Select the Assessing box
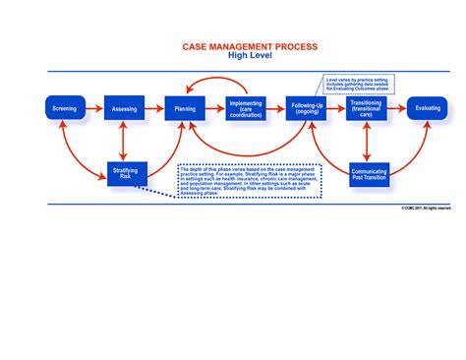click(x=124, y=108)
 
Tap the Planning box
click(x=184, y=108)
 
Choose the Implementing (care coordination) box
click(x=245, y=108)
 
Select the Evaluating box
click(x=429, y=108)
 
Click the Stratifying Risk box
click(x=127, y=174)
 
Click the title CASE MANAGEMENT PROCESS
click(x=233, y=47)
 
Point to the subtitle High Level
click(x=233, y=56)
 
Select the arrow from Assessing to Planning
click(x=153, y=108)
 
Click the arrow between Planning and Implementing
click(x=214, y=108)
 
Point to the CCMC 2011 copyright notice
click(x=426, y=209)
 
